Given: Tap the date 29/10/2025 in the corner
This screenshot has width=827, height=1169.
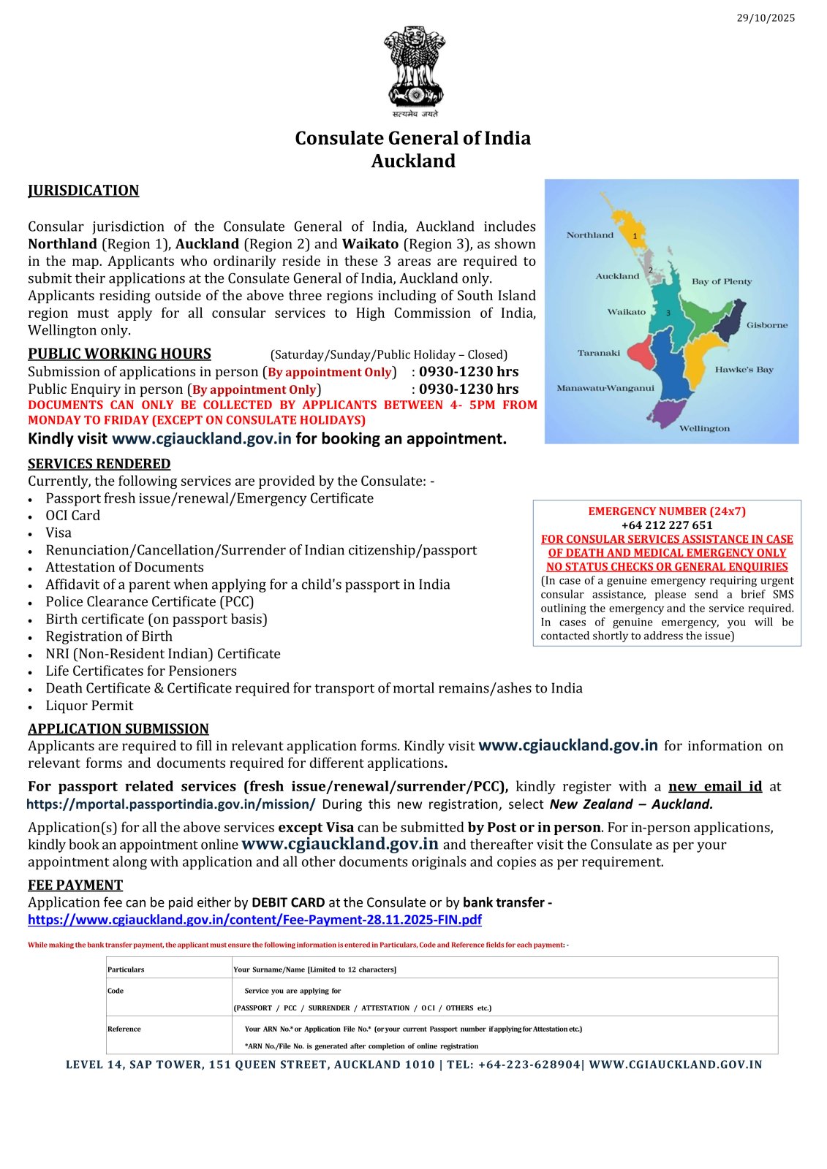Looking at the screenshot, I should coord(766,18).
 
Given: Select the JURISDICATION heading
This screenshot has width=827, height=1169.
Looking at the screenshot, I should coord(83,191).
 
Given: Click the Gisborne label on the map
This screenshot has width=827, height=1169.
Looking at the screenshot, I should coord(767,325).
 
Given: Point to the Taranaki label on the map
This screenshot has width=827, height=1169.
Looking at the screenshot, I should coord(598,353).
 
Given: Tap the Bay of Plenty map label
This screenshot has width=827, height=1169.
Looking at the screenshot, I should coord(721,281).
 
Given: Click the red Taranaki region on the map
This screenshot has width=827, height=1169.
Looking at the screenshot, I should coord(640,355).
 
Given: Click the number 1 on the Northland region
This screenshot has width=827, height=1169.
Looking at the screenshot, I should coord(635,236).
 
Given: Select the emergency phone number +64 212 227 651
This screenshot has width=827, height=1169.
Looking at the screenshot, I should coord(667,525).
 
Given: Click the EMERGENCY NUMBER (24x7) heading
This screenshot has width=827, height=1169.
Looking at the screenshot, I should coord(667,511).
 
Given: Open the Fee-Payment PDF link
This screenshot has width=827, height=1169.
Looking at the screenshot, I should coord(254,920).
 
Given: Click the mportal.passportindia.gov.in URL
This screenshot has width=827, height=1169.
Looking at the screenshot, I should coord(171,804).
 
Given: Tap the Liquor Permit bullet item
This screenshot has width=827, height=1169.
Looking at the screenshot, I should coord(89,706).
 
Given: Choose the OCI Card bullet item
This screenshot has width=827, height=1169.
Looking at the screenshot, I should coord(72,516).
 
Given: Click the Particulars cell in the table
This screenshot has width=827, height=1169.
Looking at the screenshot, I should coord(126,970).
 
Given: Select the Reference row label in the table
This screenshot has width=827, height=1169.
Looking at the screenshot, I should coord(124,1029).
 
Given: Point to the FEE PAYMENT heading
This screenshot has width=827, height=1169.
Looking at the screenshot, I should coord(75,886).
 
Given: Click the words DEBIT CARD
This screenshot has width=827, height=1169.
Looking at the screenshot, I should coord(288,902).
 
